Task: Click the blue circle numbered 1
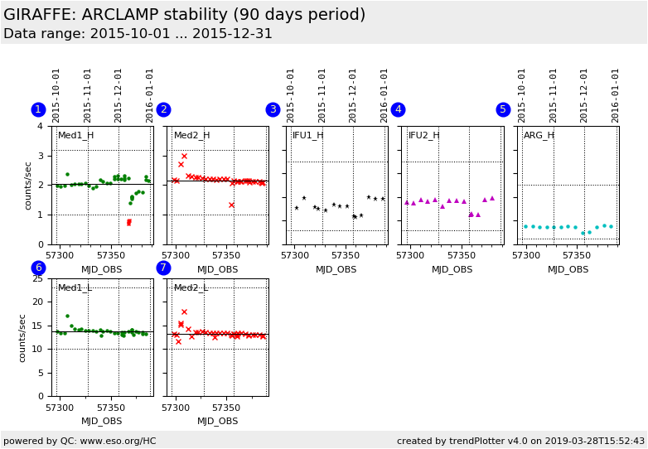38,109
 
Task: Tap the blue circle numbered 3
273,109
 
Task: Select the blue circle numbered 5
503,109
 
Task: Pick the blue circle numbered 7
163,268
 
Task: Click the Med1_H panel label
75,135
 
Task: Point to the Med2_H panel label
191,135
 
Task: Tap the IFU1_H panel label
307,135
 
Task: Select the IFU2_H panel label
423,135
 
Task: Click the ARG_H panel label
539,135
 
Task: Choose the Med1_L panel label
75,287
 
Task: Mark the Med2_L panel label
191,287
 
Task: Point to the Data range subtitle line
138,34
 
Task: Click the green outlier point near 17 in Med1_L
67,316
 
